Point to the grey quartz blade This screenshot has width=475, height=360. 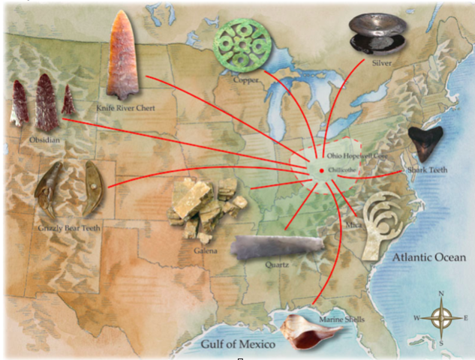(x=278, y=247)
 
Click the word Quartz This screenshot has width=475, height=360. (x=276, y=265)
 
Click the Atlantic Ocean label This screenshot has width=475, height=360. (x=428, y=258)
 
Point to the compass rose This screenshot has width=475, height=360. (x=441, y=317)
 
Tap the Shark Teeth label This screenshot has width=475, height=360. (x=427, y=170)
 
